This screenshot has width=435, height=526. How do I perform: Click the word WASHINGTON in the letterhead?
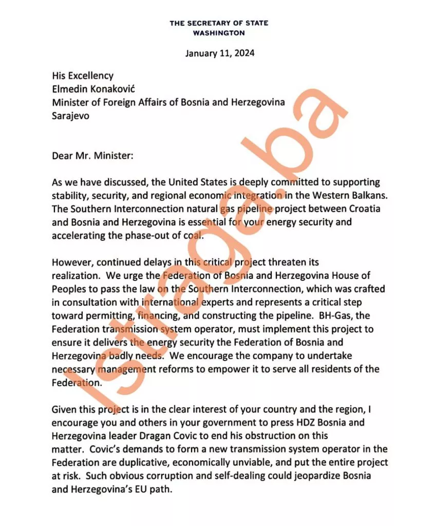point(219,33)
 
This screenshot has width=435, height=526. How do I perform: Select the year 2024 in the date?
point(244,53)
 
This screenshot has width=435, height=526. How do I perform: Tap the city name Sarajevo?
point(70,116)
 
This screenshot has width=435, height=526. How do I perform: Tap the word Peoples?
point(68,289)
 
